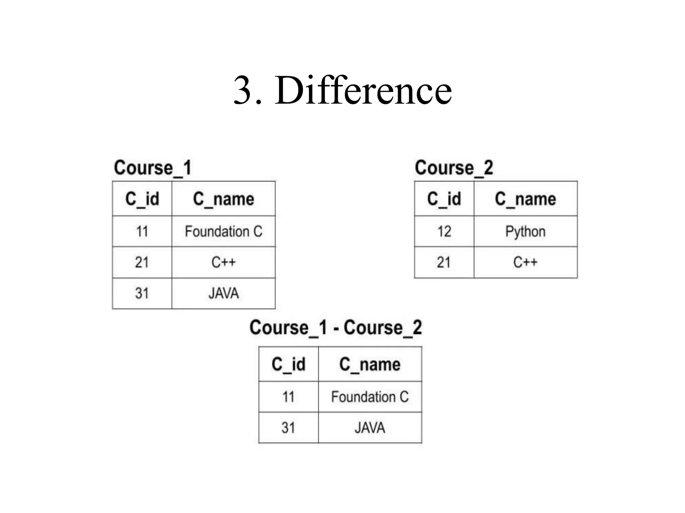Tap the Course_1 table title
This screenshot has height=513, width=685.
153,168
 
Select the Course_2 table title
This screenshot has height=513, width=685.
454,168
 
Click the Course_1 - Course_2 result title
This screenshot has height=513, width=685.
335,328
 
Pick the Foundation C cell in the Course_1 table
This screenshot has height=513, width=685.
223,231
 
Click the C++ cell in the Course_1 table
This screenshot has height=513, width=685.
223,263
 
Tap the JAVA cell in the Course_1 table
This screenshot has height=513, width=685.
223,294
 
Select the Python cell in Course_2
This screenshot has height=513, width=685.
525,231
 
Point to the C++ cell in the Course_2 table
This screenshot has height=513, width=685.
525,263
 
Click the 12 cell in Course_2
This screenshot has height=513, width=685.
444,231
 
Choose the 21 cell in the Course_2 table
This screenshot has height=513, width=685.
444,263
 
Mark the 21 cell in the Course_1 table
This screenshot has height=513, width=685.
142,263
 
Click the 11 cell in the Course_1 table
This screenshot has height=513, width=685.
142,231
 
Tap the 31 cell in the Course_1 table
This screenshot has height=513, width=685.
142,294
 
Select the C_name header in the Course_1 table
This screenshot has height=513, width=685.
223,199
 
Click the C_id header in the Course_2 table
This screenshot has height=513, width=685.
444,199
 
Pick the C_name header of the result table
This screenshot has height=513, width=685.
370,364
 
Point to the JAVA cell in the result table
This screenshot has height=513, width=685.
370,428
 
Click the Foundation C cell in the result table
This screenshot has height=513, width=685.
370,397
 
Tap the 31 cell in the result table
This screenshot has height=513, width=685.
288,428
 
